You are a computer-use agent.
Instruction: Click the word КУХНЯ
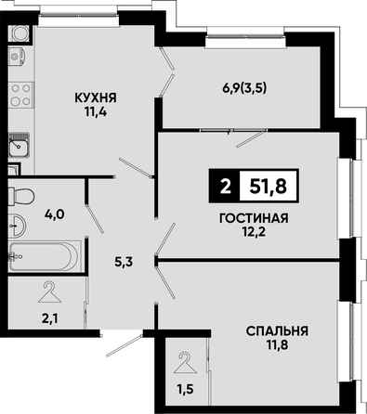coord(96,98)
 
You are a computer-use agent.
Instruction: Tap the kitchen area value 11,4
coord(96,111)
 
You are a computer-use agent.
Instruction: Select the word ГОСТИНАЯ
coord(254,218)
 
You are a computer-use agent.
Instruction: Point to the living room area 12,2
coord(254,232)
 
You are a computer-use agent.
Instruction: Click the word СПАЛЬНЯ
coord(277,331)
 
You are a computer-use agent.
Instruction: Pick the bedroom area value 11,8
coord(278,344)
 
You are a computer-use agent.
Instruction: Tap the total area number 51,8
coord(269,187)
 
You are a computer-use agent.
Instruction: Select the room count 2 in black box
coord(225,187)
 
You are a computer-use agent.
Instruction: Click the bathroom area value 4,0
coord(54,214)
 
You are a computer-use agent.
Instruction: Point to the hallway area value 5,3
coord(124,263)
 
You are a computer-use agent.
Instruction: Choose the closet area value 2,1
coord(50,318)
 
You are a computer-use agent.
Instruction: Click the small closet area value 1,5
coord(186,389)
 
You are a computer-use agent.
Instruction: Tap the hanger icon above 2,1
coord(49,292)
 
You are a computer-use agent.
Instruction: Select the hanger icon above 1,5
coord(185,363)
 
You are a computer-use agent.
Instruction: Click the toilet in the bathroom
coord(20,195)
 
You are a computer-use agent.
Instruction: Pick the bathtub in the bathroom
coord(44,256)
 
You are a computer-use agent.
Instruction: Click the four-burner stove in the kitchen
coord(20,95)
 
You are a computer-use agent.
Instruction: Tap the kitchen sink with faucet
coord(19,145)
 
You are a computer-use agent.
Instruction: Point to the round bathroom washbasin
coord(17,226)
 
